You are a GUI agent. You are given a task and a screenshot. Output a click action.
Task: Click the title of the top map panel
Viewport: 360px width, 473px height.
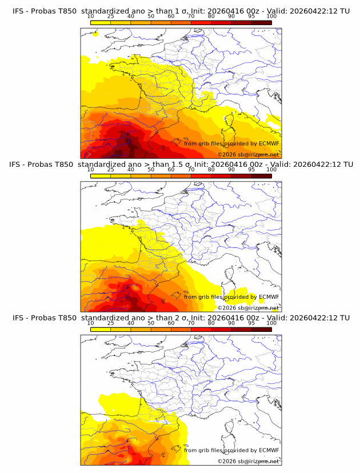pyautogui.click(x=181, y=11)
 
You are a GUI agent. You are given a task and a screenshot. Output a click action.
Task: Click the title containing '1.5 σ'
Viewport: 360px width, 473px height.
pyautogui.click(x=181, y=165)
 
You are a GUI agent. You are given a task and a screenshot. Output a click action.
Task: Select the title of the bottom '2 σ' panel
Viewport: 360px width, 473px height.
pyautogui.click(x=181, y=318)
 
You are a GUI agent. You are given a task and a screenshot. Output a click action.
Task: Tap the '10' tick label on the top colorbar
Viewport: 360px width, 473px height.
pyautogui.click(x=91, y=17)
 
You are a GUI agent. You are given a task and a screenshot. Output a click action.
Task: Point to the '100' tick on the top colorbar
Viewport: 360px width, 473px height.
pyautogui.click(x=271, y=17)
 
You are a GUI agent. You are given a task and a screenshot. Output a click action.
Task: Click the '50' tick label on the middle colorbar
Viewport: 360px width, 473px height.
pyautogui.click(x=151, y=170)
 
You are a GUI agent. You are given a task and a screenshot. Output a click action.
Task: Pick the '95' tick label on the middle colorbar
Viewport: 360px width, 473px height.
pyautogui.click(x=251, y=170)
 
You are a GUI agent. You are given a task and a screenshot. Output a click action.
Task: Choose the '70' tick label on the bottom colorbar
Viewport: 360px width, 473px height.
pyautogui.click(x=191, y=323)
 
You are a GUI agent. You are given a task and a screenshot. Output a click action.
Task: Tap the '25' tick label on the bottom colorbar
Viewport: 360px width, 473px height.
pyautogui.click(x=111, y=323)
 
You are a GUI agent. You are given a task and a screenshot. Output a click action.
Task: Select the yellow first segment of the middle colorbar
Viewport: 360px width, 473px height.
pyautogui.click(x=101, y=175)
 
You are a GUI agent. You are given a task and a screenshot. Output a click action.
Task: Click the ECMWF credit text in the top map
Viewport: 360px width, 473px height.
pyautogui.click(x=231, y=143)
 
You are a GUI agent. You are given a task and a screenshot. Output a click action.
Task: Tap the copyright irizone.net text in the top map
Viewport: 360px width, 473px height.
pyautogui.click(x=248, y=154)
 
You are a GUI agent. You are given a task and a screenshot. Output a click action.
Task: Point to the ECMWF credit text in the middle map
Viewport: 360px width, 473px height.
pyautogui.click(x=231, y=296)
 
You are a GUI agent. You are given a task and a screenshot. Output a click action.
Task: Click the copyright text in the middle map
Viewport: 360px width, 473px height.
pyautogui.click(x=248, y=307)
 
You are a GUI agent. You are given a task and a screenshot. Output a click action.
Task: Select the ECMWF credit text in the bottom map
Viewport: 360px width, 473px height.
pyautogui.click(x=231, y=450)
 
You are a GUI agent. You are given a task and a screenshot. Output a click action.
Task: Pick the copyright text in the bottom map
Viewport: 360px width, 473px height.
pyautogui.click(x=248, y=461)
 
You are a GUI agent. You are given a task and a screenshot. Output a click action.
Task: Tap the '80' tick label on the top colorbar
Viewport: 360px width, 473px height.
pyautogui.click(x=211, y=17)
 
